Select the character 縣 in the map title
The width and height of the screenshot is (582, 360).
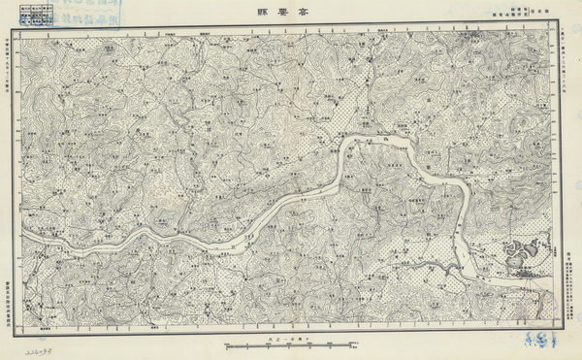click(x=273, y=16)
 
